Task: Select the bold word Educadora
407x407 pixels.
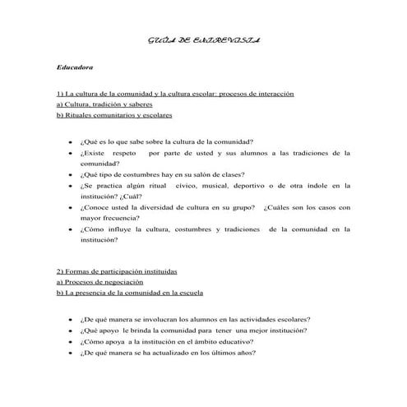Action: point(76,66)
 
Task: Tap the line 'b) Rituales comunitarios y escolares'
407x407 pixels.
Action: point(114,116)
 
